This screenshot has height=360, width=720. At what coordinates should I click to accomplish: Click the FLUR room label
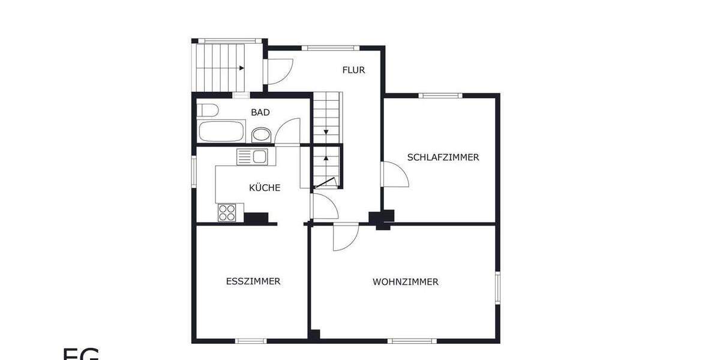(x=353, y=70)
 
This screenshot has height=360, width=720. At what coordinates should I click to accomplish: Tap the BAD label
(x=260, y=112)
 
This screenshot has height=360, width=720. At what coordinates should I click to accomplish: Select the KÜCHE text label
(x=265, y=188)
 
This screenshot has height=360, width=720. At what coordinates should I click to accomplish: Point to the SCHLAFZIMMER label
(x=443, y=158)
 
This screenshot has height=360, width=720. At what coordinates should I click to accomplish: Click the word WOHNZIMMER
(x=405, y=282)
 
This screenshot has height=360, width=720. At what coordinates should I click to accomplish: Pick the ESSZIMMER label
(x=253, y=281)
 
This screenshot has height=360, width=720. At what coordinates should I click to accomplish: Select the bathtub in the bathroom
(x=221, y=131)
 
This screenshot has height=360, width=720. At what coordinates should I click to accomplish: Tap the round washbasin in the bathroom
(x=261, y=134)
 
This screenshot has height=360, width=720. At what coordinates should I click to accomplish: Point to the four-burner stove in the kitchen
(x=227, y=212)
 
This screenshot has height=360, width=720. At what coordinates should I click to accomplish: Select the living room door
(x=346, y=236)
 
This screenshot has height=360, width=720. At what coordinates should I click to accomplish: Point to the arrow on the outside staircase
(x=240, y=68)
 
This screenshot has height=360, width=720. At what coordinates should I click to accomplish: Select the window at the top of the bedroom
(x=440, y=95)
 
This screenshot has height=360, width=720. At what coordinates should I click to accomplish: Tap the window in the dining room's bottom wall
(x=250, y=341)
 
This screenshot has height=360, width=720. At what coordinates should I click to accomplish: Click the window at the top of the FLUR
(x=330, y=47)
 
